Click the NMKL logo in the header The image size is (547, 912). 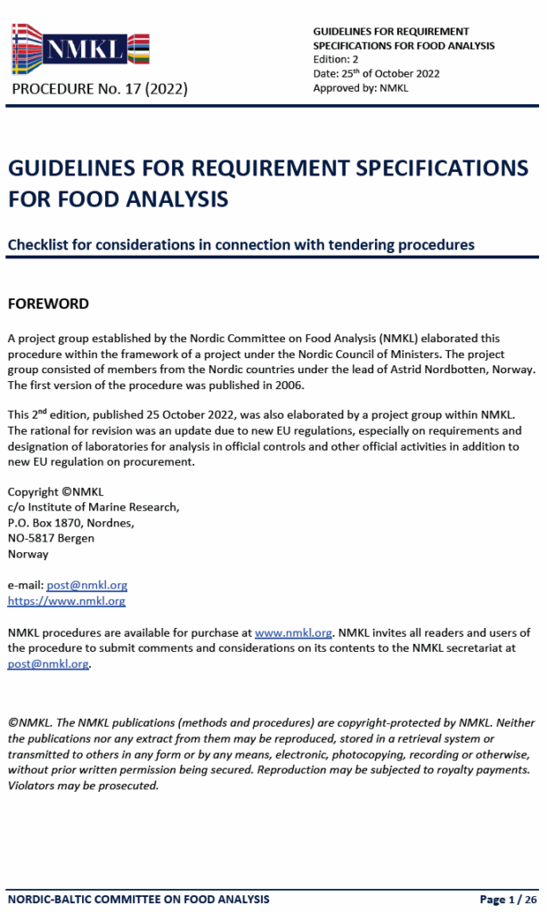[x=80, y=49]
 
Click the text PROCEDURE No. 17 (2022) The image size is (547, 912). [x=100, y=89]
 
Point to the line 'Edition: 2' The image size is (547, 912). [x=336, y=60]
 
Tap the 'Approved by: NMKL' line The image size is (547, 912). [x=360, y=88]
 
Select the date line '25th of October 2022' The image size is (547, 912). [x=376, y=74]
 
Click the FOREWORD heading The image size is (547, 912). [x=48, y=304]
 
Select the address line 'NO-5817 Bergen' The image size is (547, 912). [x=51, y=538]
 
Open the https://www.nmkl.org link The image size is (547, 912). [x=67, y=601]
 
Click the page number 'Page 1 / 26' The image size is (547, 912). [x=509, y=899]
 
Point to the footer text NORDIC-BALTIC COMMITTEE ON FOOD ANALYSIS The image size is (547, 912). [x=139, y=899]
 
